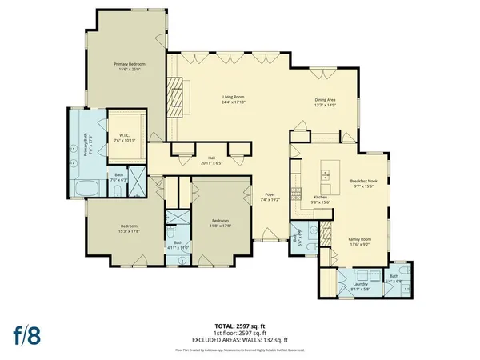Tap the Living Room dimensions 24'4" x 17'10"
(233, 104)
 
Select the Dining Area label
(325, 99)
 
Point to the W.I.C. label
(124, 134)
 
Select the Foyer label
(270, 194)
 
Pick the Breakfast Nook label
(363, 182)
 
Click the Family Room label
(358, 239)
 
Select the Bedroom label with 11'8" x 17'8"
(220, 220)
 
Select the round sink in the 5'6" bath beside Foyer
(313, 231)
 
